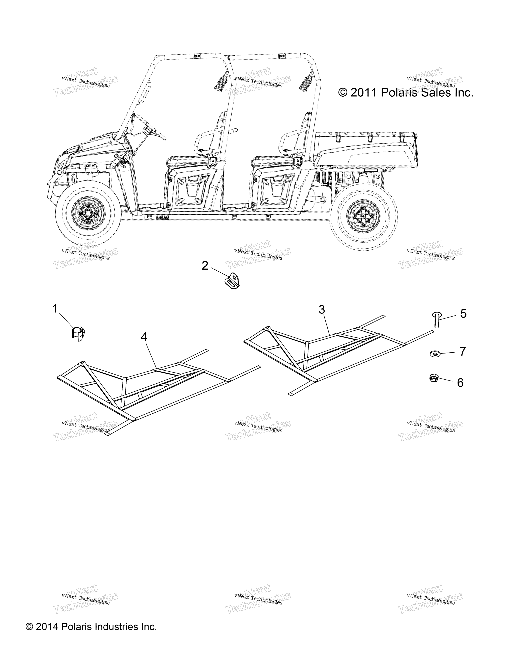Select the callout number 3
[x=322, y=310]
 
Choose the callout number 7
[x=463, y=352]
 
